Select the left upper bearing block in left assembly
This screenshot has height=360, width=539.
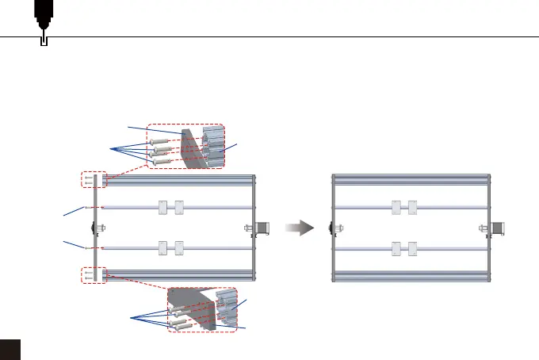pos(162,208)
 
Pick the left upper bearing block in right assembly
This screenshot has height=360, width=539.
pos(396,208)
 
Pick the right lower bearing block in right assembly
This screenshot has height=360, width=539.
pos(412,248)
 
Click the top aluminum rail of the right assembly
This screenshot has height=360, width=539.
pos(409,179)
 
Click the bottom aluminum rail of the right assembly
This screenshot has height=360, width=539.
pos(409,277)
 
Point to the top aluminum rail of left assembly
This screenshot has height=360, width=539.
pos(178,179)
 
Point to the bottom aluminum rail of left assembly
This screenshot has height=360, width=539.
pos(178,277)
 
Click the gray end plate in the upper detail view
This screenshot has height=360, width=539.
pos(191,147)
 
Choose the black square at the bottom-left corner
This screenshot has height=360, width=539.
pos(10,350)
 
